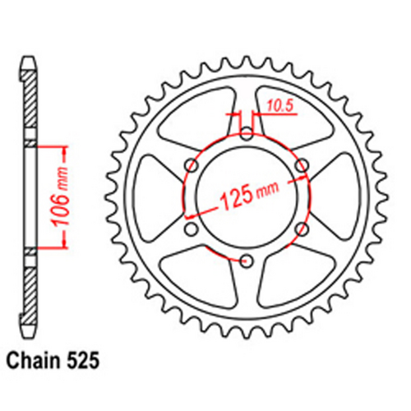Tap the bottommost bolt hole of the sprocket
(x=246, y=261)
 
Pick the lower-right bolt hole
(x=301, y=229)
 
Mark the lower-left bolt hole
(x=191, y=229)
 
